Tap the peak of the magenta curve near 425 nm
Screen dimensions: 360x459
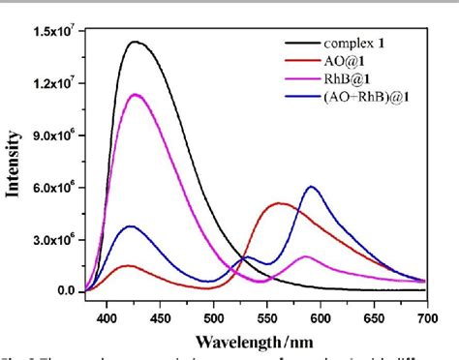137,94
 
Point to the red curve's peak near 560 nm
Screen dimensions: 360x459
280,203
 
